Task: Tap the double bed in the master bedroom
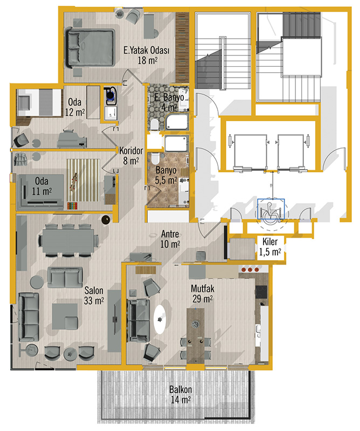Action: pos(89,48)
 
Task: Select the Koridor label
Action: pos(131,151)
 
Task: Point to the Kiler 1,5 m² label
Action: pos(270,247)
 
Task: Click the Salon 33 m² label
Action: pos(94,295)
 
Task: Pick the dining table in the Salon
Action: pos(68,241)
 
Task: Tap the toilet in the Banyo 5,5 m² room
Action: pos(155,158)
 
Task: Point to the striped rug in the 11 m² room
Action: pos(84,180)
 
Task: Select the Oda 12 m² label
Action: pos(75,107)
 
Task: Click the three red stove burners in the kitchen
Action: pos(250,269)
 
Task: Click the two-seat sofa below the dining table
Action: pos(65,277)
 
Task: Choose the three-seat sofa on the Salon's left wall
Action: pos(29,317)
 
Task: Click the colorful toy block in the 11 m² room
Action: pos(73,206)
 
